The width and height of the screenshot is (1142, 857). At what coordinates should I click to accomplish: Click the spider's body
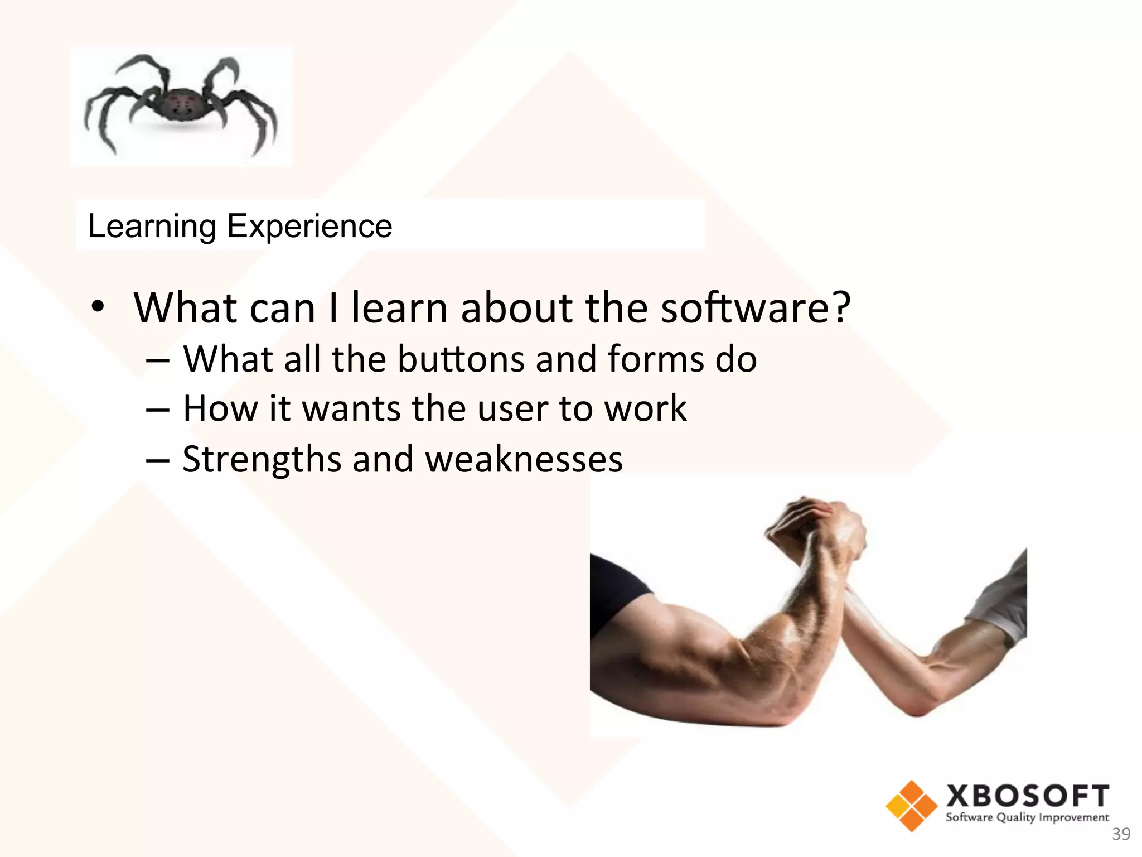(x=181, y=106)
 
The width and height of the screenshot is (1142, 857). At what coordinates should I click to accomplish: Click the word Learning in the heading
(x=152, y=227)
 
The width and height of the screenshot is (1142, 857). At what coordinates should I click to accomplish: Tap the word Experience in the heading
(x=309, y=227)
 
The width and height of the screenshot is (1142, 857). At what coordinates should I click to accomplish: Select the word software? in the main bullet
(x=756, y=308)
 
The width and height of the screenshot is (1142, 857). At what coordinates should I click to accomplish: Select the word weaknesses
(x=524, y=460)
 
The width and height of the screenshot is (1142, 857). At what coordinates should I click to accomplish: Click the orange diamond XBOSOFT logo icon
(x=911, y=806)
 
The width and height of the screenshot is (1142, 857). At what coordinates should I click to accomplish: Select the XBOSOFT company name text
(x=1028, y=796)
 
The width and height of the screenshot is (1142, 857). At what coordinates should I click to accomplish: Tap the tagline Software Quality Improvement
(x=1027, y=818)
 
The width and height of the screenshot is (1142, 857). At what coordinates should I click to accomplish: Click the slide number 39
(x=1121, y=834)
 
